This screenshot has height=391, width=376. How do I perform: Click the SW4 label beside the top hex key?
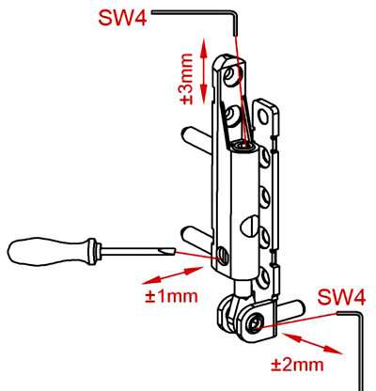[122, 18]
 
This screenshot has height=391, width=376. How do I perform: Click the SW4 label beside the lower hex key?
[341, 297]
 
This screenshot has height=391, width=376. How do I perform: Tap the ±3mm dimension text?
[187, 79]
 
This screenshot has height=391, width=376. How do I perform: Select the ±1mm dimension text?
[171, 296]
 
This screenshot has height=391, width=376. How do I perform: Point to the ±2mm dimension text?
[297, 365]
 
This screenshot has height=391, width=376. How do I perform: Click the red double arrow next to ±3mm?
[204, 70]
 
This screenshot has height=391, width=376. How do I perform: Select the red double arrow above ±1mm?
[172, 275]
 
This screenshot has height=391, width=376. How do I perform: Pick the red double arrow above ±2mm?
[313, 343]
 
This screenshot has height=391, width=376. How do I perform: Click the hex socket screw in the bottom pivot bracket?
[254, 324]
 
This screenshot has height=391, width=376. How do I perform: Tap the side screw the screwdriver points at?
[222, 254]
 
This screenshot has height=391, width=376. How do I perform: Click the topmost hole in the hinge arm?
[233, 73]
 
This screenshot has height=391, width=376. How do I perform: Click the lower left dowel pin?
[196, 237]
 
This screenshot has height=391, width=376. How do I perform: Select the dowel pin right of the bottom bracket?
[289, 311]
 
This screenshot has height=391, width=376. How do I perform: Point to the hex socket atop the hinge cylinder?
[243, 146]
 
